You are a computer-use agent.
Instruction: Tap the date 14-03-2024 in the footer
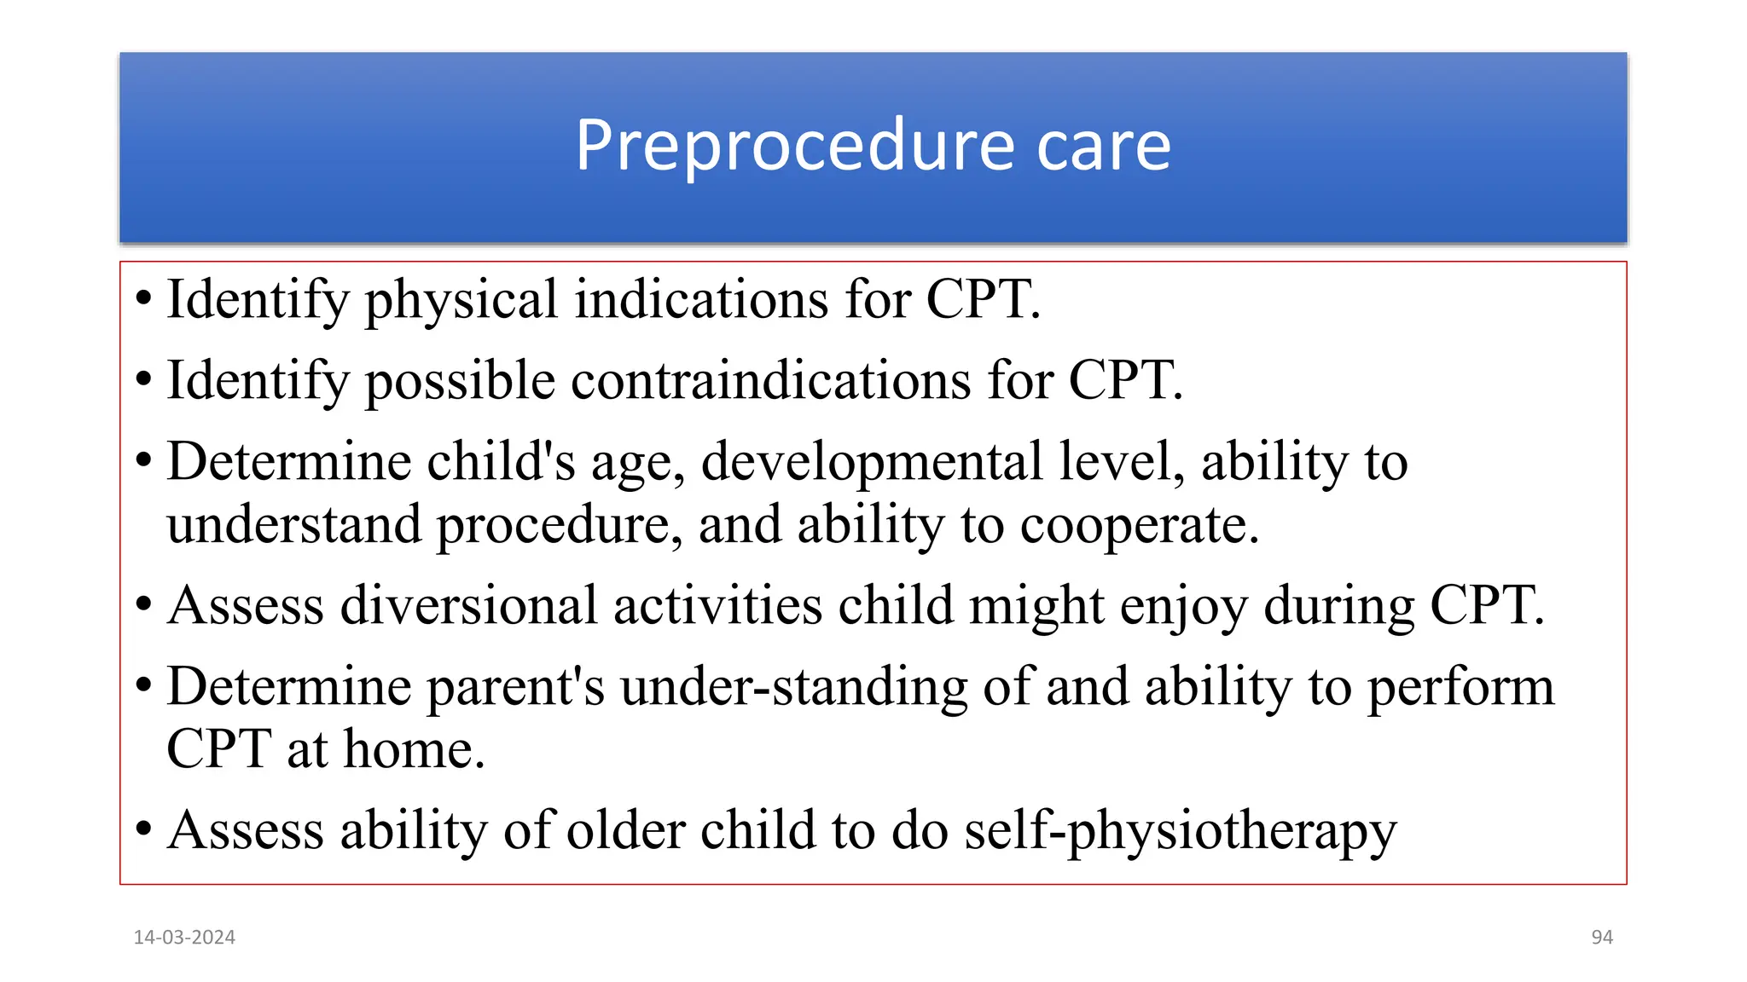(184, 937)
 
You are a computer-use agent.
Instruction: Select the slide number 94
(1602, 937)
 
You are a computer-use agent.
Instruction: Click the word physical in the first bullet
(461, 300)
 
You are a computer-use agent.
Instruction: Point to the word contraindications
(770, 380)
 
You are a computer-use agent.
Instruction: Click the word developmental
(872, 462)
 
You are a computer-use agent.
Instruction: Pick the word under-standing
(793, 687)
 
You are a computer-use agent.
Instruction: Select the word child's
(501, 462)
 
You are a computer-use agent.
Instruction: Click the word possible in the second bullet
(461, 382)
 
